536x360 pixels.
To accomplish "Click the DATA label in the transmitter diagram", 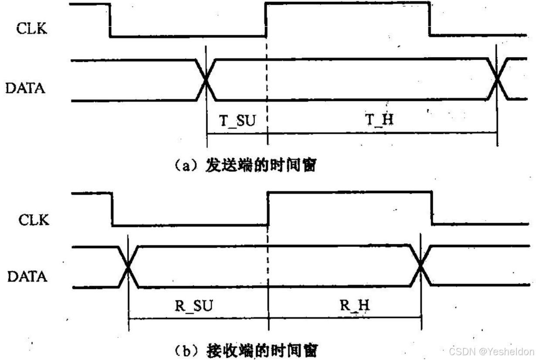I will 25,88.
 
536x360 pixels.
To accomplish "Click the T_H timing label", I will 379,119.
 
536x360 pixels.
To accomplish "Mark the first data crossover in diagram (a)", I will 207,80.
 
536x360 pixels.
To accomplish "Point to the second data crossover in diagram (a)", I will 497,80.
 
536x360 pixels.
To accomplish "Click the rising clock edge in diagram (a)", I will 266,20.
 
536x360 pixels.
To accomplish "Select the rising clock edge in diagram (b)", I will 268,208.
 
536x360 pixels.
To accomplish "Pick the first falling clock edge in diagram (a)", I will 110,20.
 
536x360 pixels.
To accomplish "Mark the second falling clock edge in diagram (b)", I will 432,208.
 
